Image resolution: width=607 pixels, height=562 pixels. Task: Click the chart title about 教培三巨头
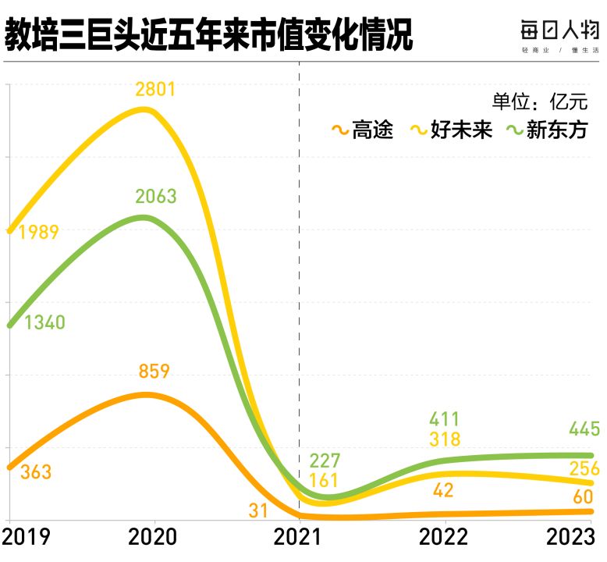(208, 35)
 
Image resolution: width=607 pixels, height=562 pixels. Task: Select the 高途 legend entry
(363, 130)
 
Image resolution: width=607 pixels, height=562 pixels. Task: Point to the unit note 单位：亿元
(538, 102)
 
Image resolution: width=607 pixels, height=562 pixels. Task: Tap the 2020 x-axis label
(153, 538)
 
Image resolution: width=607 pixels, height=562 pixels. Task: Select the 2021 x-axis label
(300, 538)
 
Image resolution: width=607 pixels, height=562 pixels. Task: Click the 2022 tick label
(445, 538)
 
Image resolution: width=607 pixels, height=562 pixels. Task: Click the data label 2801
(155, 89)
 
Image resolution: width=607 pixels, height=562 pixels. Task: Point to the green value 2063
(156, 196)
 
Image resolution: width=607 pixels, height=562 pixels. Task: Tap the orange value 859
(154, 372)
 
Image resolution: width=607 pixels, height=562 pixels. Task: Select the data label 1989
(38, 232)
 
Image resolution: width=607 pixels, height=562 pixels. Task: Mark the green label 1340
(44, 323)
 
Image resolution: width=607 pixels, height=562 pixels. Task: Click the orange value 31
(258, 511)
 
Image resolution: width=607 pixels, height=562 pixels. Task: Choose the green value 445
(584, 429)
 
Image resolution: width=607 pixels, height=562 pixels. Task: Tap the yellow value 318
(445, 439)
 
